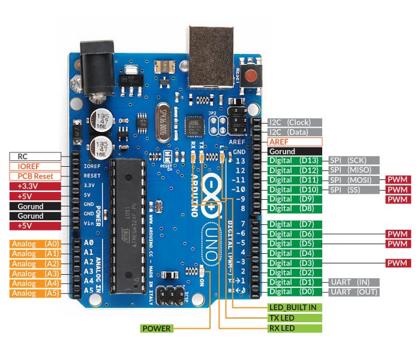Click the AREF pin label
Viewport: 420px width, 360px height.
point(295,142)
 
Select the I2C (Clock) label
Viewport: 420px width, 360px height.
point(295,121)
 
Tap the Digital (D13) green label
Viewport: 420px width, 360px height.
point(295,161)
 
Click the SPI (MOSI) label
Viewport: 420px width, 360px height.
point(354,180)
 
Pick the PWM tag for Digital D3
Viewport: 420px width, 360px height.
point(397,263)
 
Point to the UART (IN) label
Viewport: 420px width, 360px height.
point(354,282)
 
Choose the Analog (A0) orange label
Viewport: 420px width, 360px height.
point(35,244)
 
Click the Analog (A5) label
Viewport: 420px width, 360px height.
point(35,293)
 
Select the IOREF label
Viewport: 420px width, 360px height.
point(35,166)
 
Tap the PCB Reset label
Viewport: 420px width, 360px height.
point(35,176)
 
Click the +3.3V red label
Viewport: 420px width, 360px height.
point(35,186)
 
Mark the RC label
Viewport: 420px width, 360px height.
point(35,156)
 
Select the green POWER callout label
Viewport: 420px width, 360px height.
point(157,328)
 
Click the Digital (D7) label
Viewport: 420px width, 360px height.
point(295,224)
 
